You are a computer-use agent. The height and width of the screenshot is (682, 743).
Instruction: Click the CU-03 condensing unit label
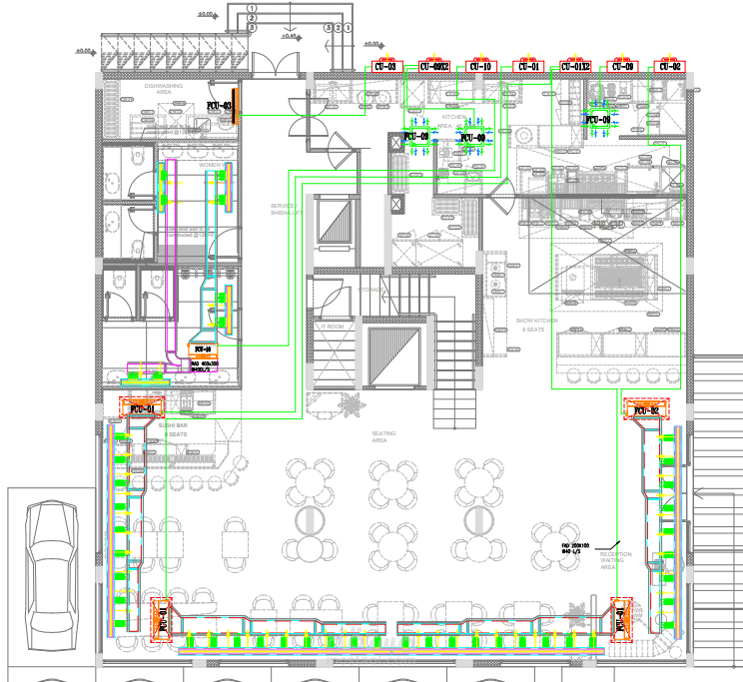tap(384, 67)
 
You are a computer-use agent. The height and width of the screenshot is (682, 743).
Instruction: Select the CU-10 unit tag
tap(481, 67)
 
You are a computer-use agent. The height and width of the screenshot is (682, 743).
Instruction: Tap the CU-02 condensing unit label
tap(669, 67)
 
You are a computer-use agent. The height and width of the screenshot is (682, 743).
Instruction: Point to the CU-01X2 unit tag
tap(575, 67)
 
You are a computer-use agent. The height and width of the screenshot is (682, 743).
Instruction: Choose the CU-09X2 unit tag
tap(433, 67)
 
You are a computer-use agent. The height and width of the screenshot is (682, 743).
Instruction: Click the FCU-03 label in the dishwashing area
tap(220, 105)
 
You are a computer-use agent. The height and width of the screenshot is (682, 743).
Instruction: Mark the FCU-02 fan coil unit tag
tap(642, 409)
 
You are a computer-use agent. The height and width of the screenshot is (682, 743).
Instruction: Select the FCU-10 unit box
tap(203, 350)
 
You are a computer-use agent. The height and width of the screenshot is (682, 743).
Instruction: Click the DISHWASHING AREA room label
tap(164, 89)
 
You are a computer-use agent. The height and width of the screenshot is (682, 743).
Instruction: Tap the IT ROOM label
tap(332, 327)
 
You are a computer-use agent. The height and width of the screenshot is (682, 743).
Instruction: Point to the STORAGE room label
tap(371, 290)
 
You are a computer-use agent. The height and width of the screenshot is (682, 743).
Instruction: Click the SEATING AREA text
tap(383, 435)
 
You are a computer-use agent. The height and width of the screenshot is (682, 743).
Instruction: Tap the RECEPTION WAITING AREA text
tap(615, 559)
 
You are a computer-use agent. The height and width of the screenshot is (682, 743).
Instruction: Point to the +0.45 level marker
tap(290, 36)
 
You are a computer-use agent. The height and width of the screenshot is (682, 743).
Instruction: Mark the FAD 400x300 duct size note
tap(204, 365)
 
